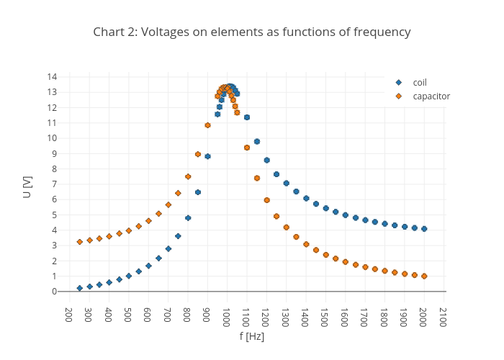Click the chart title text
[252, 32]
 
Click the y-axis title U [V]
[27, 186]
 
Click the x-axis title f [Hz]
[252, 336]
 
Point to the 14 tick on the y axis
[53, 77]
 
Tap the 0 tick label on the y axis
[55, 292]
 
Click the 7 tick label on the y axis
[55, 184]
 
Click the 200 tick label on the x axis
[69, 315]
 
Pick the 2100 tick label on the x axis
[444, 317]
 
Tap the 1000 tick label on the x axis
[227, 317]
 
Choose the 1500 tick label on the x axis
[325, 317]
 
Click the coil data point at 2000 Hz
[424, 229]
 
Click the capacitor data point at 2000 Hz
[424, 276]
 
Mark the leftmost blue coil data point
[80, 288]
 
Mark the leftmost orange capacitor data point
[80, 242]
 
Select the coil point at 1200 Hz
[266, 160]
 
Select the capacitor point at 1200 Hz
[266, 200]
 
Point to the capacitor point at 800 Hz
[188, 176]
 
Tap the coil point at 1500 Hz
[325, 208]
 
